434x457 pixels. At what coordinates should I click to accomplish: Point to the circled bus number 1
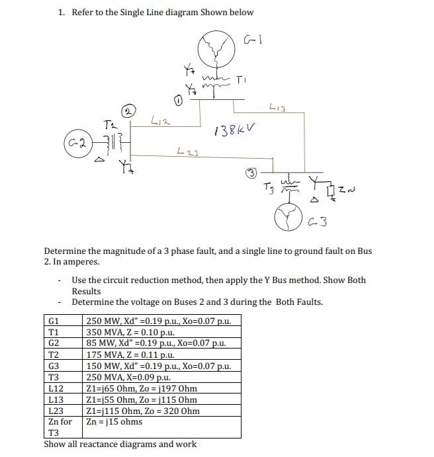178,101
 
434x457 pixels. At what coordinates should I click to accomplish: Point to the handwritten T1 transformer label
245,77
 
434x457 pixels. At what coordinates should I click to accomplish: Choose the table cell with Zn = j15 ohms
114,421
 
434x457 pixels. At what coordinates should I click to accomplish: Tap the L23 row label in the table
56,411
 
